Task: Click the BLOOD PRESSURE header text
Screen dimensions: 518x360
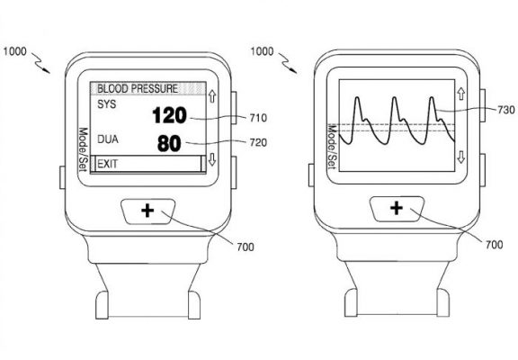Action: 138,88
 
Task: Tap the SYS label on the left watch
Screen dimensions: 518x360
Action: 107,104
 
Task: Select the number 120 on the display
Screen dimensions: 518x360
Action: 169,115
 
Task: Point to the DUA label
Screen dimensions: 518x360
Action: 108,139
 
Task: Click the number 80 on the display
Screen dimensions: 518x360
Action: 169,143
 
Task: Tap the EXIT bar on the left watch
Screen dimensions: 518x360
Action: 148,164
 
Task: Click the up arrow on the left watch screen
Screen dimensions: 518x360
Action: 212,96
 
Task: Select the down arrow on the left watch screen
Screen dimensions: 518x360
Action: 212,159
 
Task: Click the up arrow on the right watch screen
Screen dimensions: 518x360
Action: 461,94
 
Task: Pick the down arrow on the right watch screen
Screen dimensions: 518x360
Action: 461,157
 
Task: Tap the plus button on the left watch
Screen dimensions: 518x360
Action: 147,211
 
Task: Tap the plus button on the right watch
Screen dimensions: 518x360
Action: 397,208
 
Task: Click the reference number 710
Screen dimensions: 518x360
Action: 258,118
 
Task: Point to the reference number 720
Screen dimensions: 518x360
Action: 258,142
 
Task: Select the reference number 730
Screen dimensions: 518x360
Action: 505,110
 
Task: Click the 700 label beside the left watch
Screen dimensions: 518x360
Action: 246,247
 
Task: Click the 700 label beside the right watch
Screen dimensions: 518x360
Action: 495,245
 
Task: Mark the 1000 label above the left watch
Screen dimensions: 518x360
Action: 15,51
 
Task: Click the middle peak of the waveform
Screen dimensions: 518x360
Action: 394,98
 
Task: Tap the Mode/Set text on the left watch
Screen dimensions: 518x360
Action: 83,149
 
